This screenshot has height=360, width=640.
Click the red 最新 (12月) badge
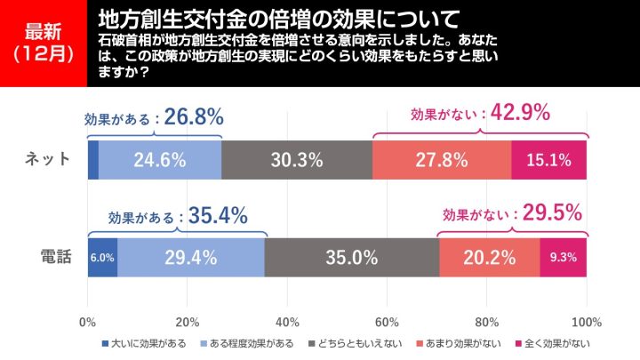click(x=43, y=43)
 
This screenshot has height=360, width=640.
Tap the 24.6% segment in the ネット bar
click(x=159, y=160)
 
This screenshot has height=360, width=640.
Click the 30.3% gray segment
click(x=297, y=160)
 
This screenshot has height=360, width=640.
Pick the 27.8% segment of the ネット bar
click(x=442, y=160)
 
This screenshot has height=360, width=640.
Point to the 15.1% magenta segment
click(x=548, y=160)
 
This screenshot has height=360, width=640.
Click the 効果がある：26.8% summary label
click(x=153, y=116)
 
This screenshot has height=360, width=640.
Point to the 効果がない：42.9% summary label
click(x=480, y=114)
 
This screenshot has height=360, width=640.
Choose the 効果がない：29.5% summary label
click(x=512, y=213)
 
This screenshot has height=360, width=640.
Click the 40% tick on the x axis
click(x=287, y=321)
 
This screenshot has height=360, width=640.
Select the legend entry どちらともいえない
click(x=353, y=342)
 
